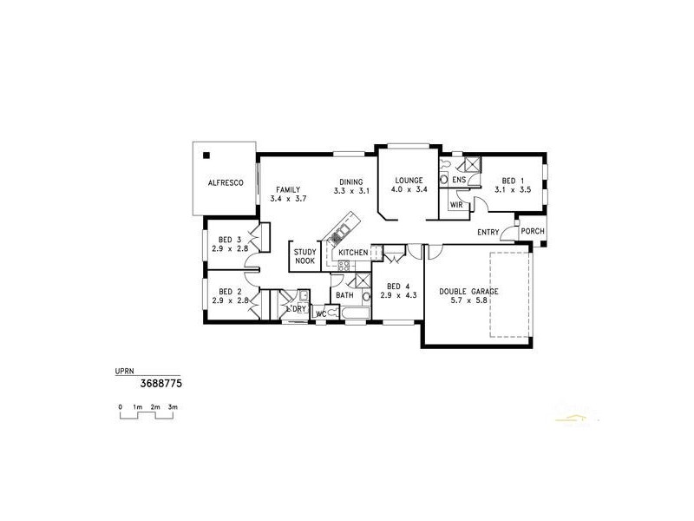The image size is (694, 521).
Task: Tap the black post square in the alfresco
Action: pos(206,155)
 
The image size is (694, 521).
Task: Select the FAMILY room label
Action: pos(288,188)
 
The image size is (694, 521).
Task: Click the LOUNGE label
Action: pos(407,180)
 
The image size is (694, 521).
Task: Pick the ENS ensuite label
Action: pos(459,180)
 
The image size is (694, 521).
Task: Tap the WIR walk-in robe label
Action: pos(455,205)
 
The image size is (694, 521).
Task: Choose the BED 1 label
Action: pos(512,180)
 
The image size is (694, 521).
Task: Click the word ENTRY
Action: pos(488,232)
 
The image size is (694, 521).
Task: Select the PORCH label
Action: pos(534,231)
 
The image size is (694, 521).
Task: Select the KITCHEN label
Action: pos(353,252)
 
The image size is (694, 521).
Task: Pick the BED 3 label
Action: pos(229,239)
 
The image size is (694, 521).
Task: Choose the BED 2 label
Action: pos(229,291)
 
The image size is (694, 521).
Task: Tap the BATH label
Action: pos(344,295)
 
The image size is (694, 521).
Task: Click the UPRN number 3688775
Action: pos(160,382)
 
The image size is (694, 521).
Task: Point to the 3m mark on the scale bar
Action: pos(173,406)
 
